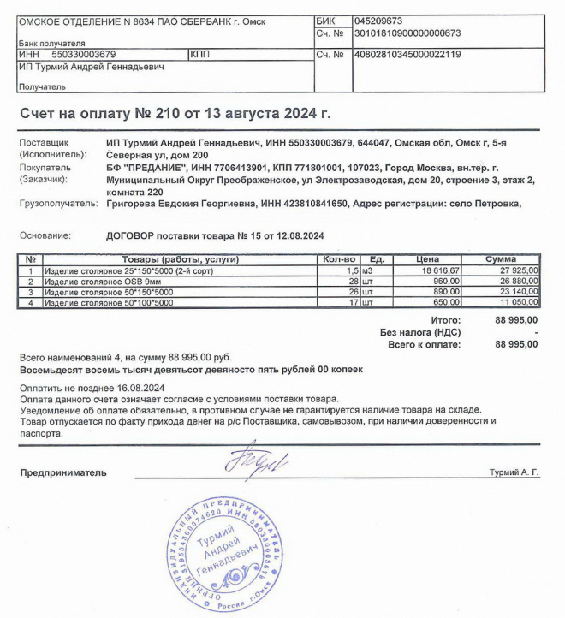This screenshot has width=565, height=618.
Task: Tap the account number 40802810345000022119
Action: (407, 55)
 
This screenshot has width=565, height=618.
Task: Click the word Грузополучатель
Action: (56, 205)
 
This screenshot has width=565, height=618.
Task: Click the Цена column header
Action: (427, 259)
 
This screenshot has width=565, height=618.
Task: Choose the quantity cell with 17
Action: (350, 302)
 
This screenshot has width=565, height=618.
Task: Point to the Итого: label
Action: (443, 318)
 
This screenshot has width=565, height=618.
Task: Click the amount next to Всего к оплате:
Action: (516, 344)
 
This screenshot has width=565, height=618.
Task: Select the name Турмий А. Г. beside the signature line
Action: (514, 472)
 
